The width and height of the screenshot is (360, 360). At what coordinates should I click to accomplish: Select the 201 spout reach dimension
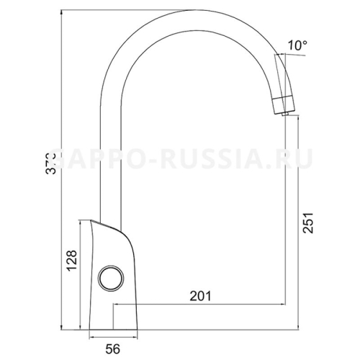point(199,294)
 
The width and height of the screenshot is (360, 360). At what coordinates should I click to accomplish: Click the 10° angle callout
point(297,45)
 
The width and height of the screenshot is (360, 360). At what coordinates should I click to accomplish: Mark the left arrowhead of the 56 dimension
point(91,338)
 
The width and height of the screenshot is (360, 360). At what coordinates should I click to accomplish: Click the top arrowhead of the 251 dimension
point(288,122)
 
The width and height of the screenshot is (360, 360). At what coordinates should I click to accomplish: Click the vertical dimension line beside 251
point(288,216)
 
